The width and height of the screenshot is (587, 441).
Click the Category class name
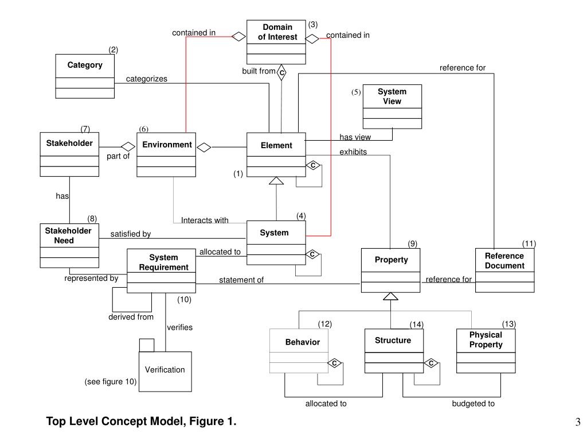(85, 65)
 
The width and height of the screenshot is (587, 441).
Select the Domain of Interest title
(277, 32)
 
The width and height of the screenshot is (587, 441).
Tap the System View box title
(392, 96)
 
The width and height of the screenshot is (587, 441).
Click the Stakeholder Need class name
(68, 235)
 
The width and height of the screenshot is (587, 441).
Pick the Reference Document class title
(504, 261)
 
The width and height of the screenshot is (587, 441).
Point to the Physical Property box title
(486, 340)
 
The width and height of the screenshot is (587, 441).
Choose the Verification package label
(165, 370)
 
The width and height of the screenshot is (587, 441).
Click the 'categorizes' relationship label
(146, 79)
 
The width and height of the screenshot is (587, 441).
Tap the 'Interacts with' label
(205, 220)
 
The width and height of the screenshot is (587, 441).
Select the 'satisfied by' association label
(131, 234)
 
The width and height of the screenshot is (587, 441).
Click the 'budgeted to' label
(473, 404)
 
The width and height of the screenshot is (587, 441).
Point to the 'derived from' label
(131, 317)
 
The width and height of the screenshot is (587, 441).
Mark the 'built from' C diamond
(281, 72)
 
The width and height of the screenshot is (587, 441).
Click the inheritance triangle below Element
(276, 181)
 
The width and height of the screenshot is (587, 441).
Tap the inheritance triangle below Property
(390, 296)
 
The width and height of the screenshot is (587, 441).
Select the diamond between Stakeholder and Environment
(128, 146)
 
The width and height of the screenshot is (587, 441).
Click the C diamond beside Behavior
(334, 363)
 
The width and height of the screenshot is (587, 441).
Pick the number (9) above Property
(413, 243)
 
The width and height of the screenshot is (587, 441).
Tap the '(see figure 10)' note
(111, 382)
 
